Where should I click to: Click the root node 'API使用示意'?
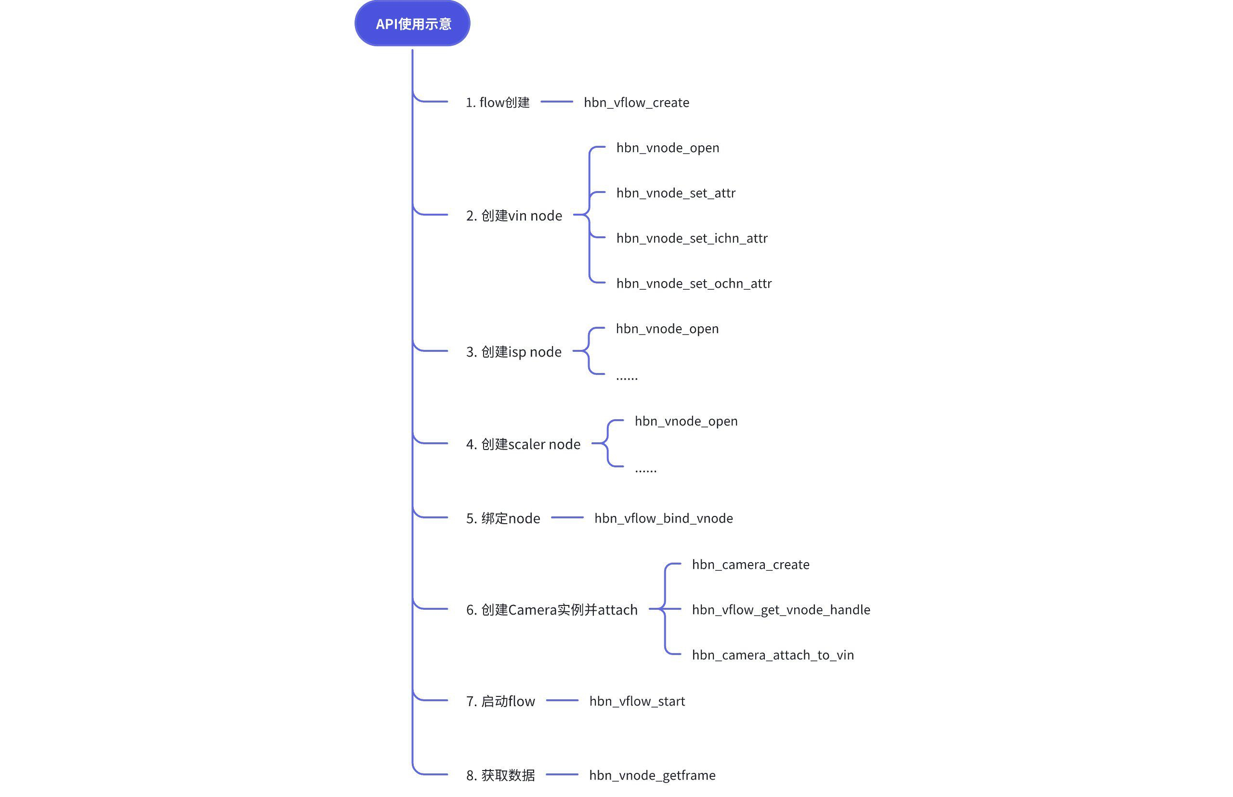412,23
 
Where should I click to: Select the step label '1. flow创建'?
498,103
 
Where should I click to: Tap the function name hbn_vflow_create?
636,103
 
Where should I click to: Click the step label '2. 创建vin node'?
514,215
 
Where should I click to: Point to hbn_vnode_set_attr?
676,193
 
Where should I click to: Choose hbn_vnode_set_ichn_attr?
692,238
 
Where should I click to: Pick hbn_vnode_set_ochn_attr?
694,283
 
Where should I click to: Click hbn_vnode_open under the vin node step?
668,148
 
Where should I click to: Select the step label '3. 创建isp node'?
514,352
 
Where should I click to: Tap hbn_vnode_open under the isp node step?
667,329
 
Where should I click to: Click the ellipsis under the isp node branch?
627,379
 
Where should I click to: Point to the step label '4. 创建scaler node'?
523,444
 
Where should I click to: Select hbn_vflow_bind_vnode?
663,518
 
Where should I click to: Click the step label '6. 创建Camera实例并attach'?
551,610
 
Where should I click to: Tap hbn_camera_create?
750,565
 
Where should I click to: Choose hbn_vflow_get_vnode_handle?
781,610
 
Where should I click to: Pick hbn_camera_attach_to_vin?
773,655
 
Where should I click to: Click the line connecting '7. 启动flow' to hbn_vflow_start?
562,700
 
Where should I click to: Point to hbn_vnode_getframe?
652,775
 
